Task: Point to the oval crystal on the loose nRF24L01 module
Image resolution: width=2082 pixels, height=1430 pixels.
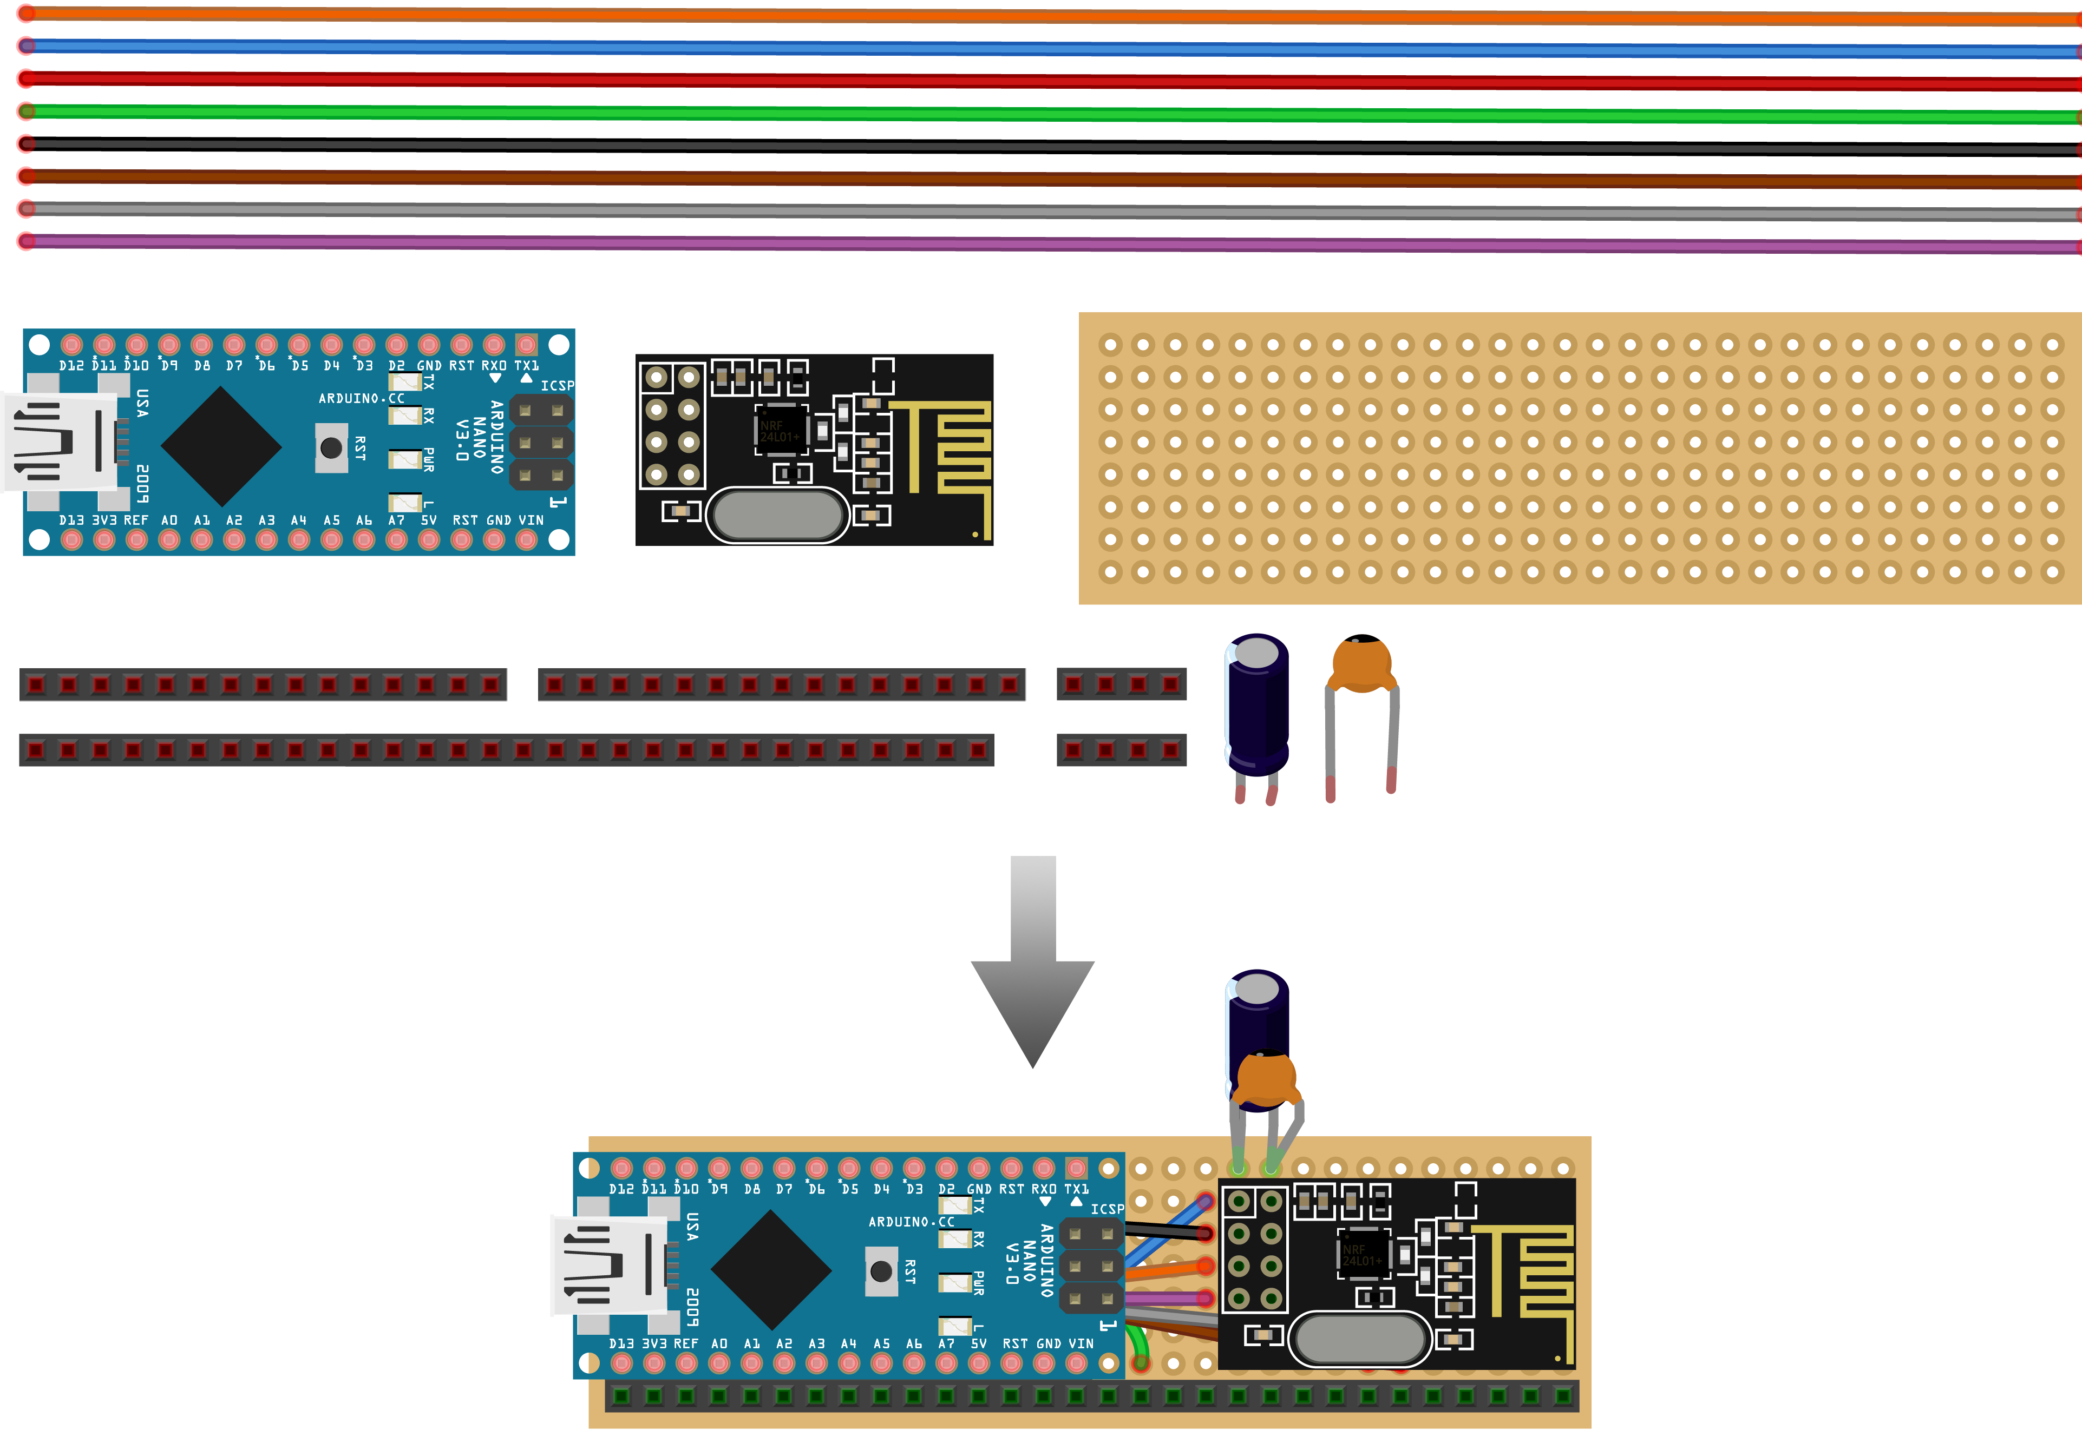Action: (x=776, y=515)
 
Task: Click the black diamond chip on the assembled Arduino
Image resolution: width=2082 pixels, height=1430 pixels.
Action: (x=771, y=1270)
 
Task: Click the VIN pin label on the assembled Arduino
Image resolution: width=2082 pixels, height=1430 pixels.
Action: (x=1081, y=1344)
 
